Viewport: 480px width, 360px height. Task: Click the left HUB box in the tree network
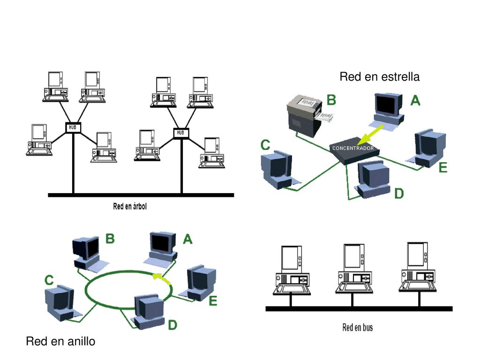(x=73, y=127)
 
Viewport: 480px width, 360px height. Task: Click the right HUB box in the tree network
(x=181, y=133)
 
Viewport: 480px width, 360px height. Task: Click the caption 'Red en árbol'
(x=130, y=206)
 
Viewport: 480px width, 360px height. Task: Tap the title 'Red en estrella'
(x=380, y=76)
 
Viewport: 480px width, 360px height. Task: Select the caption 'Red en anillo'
(x=60, y=341)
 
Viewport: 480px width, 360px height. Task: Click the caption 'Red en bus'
(x=358, y=328)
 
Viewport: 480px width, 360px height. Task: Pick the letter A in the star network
(x=415, y=100)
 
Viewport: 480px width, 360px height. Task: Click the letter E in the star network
(x=443, y=167)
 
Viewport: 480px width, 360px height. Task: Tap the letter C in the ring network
(x=49, y=280)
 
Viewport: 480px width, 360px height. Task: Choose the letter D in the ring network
(x=172, y=325)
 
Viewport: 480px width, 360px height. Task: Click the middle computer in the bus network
(x=354, y=268)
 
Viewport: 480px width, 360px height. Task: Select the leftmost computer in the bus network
(x=292, y=270)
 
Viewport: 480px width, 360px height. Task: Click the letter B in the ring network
(x=110, y=239)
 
